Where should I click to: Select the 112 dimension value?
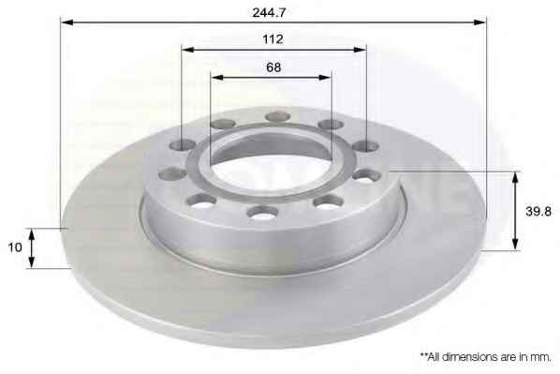coord(273,39)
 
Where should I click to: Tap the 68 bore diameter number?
coord(273,67)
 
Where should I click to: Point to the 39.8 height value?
coord(539,212)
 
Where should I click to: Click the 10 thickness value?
coord(15,247)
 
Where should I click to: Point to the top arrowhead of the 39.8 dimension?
coord(515,176)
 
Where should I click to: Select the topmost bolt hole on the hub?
coord(277,116)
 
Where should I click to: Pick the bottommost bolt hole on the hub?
coord(261,211)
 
